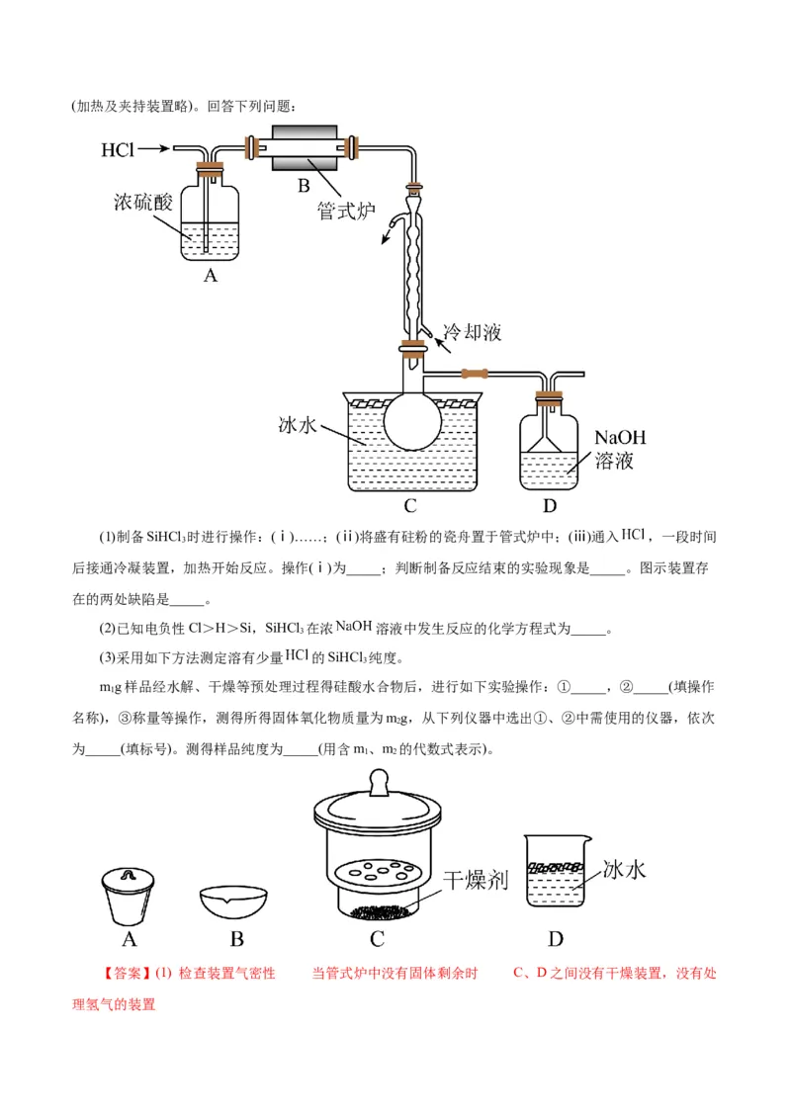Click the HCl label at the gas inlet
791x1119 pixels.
(117, 150)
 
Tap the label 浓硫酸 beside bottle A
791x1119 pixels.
(143, 203)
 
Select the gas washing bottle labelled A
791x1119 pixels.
(210, 222)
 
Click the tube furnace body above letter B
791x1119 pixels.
(305, 150)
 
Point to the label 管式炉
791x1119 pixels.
(345, 211)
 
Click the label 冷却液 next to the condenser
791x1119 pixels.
(472, 332)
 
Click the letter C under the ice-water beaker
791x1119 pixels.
(410, 506)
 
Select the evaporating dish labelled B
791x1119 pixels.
(235, 902)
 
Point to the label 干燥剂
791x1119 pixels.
(475, 879)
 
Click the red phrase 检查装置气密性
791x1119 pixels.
(227, 974)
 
